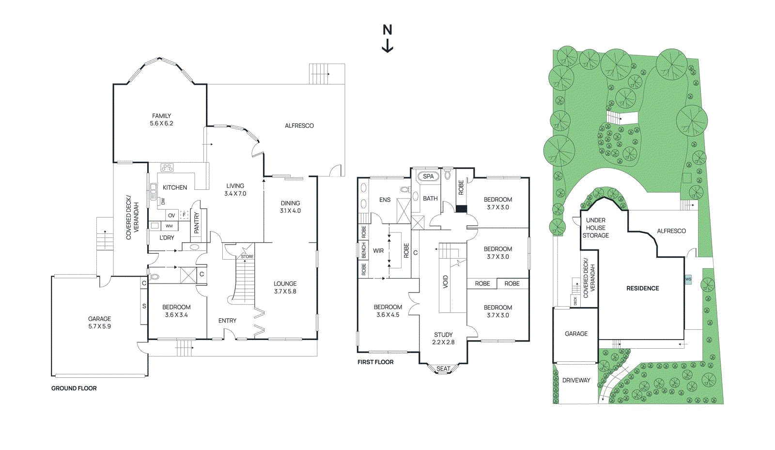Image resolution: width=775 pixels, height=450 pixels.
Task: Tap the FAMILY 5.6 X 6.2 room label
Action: pos(161,120)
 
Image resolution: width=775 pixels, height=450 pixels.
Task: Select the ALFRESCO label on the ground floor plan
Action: pos(299,125)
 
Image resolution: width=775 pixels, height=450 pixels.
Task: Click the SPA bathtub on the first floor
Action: pos(428,176)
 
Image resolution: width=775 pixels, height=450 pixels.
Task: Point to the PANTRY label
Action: pos(197,223)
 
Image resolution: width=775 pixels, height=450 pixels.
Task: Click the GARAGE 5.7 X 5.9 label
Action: pos(99,323)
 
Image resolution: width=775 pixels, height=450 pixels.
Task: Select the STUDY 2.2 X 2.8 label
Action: pos(443,338)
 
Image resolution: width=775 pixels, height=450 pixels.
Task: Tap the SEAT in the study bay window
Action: pos(443,369)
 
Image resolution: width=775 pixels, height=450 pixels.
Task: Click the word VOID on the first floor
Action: pos(446,282)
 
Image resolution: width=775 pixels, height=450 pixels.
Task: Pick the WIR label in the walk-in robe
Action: pos(378,251)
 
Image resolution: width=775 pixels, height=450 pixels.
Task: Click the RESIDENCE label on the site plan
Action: pos(642,288)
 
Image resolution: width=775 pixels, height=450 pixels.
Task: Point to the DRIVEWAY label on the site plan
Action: pos(576,380)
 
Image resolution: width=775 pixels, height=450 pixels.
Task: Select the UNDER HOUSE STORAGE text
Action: pos(596,228)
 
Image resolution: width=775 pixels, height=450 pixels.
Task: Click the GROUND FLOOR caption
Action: pos(74,388)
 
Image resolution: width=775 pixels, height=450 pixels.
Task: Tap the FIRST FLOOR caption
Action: pos(375,362)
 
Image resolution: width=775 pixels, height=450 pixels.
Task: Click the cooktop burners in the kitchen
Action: pos(167,168)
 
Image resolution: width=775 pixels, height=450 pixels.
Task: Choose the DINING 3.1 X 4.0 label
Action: pos(290,207)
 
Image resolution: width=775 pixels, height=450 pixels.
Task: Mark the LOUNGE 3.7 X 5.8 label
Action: pos(285,287)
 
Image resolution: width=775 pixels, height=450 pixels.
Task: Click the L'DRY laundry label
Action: pos(167,238)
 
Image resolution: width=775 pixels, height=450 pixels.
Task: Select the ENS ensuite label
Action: pos(385,200)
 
